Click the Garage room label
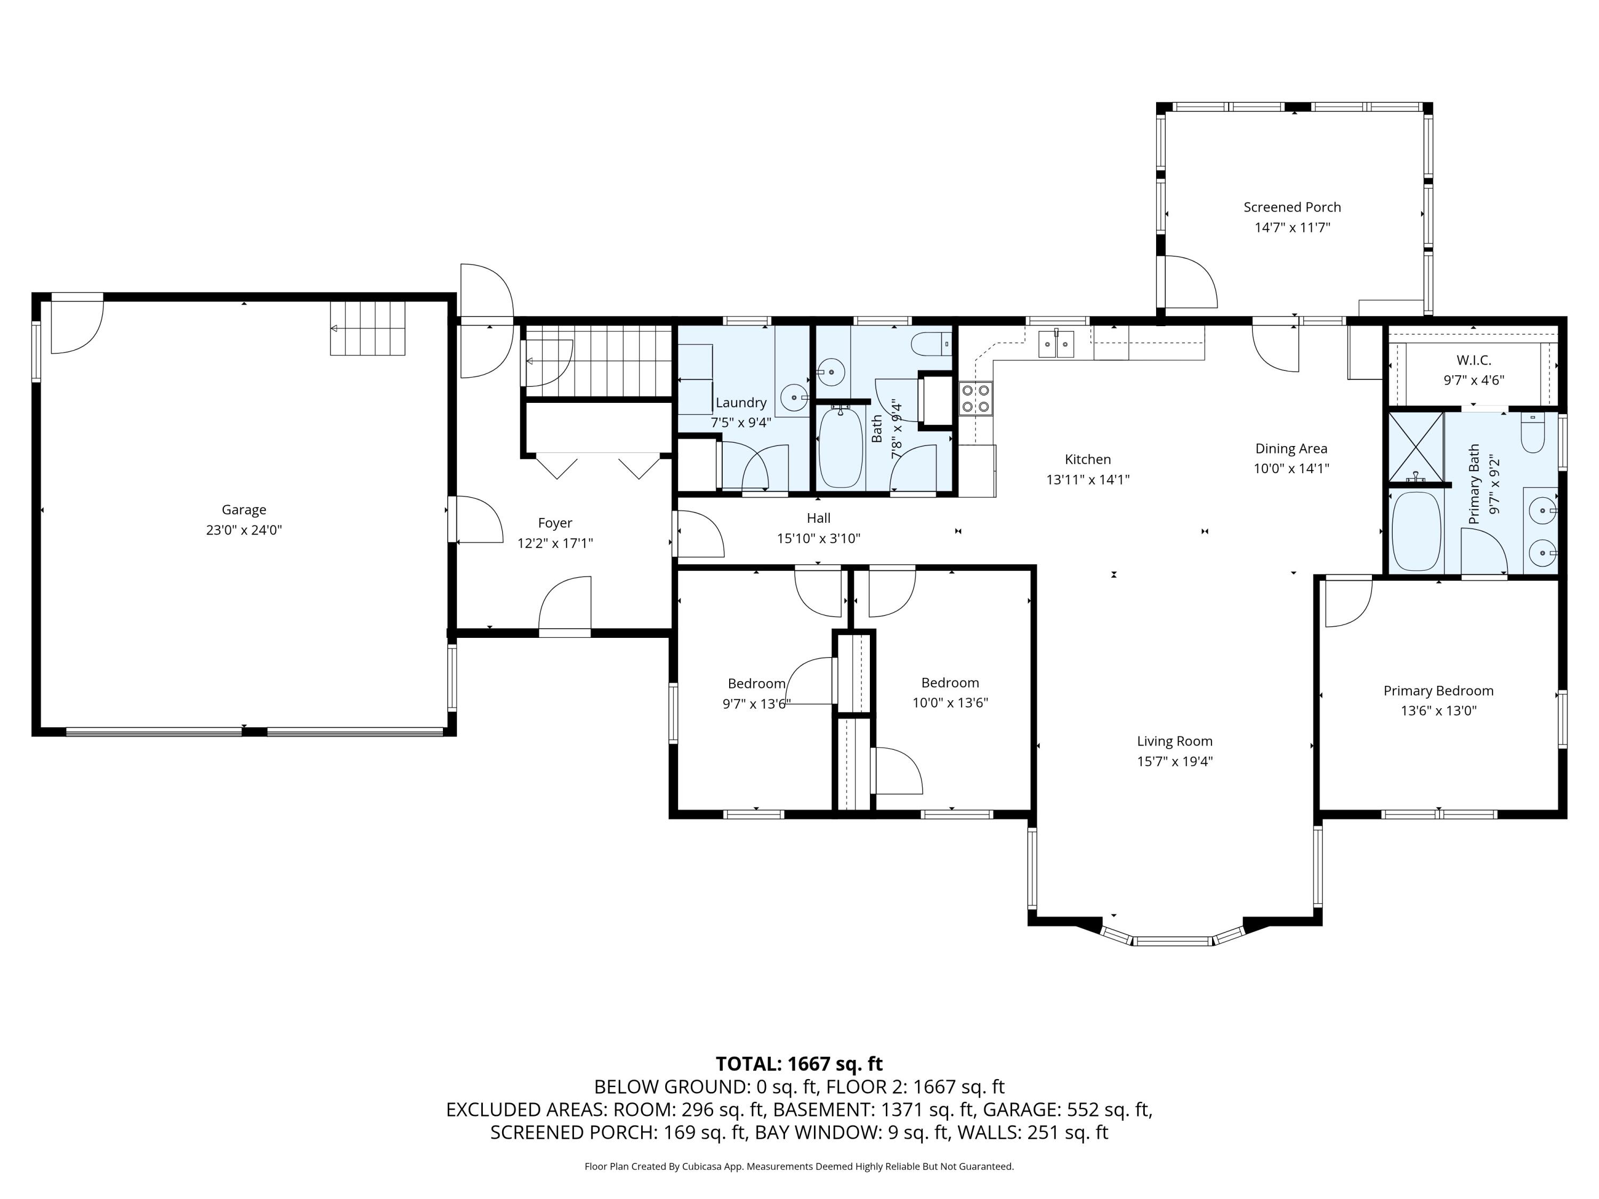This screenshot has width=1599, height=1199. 244,509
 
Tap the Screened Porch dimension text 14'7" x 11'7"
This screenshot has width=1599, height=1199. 1292,228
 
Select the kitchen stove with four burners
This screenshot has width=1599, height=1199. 975,398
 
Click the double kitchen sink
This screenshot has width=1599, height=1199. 1057,344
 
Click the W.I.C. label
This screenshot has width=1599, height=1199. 1473,360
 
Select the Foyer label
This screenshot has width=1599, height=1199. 554,523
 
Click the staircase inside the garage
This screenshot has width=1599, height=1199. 367,328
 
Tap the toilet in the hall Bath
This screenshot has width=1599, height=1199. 932,344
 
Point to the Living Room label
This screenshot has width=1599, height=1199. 1174,741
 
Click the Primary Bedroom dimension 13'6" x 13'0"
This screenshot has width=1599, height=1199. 1438,710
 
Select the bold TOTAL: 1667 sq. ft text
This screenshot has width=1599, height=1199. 799,1064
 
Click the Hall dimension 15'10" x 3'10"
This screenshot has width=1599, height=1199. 818,538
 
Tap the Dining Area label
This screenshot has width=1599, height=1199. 1291,448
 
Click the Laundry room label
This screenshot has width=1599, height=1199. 740,402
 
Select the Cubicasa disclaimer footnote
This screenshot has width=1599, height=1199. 799,1166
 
